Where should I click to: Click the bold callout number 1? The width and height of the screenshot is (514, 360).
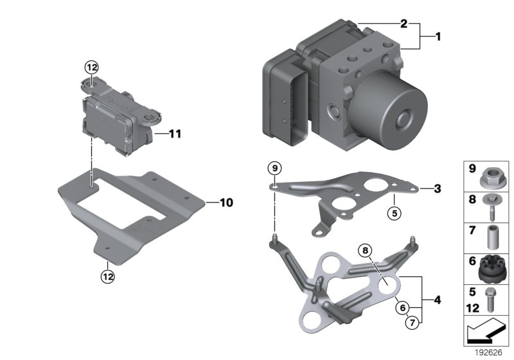[x=438, y=37]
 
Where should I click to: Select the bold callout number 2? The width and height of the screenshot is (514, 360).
[x=404, y=24]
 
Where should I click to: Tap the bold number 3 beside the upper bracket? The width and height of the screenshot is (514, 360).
[x=438, y=188]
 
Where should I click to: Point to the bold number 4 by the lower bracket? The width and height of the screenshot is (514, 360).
[x=438, y=300]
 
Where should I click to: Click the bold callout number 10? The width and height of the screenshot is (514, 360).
[x=226, y=203]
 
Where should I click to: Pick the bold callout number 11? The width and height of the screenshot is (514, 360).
[x=175, y=134]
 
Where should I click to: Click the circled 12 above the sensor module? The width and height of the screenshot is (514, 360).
[x=91, y=67]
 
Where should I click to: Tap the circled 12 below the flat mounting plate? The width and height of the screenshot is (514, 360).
[x=108, y=276]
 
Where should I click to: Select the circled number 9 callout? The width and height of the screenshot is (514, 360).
[x=275, y=168]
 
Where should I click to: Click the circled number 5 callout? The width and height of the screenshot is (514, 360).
[x=394, y=213]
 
